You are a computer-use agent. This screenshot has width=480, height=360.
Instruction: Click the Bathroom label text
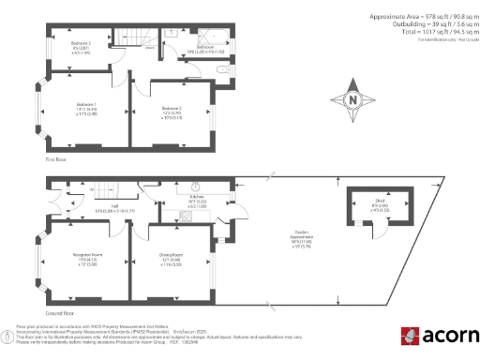tap(206, 46)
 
